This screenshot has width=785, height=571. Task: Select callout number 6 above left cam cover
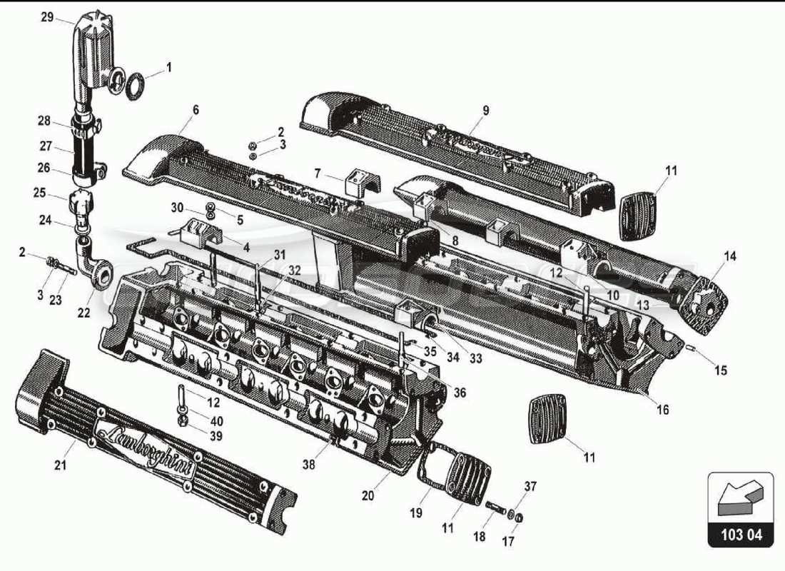pyautogui.click(x=196, y=110)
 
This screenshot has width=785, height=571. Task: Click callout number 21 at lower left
pyautogui.click(x=61, y=466)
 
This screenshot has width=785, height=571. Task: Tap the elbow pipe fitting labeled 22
pyautogui.click(x=94, y=267)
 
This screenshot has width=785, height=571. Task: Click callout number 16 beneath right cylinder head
pyautogui.click(x=663, y=410)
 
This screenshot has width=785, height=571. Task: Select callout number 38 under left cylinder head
pyautogui.click(x=308, y=465)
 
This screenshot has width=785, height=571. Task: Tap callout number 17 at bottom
pyautogui.click(x=507, y=542)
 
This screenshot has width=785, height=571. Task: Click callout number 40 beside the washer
pyautogui.click(x=216, y=421)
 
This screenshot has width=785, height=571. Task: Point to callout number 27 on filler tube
pyautogui.click(x=46, y=146)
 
